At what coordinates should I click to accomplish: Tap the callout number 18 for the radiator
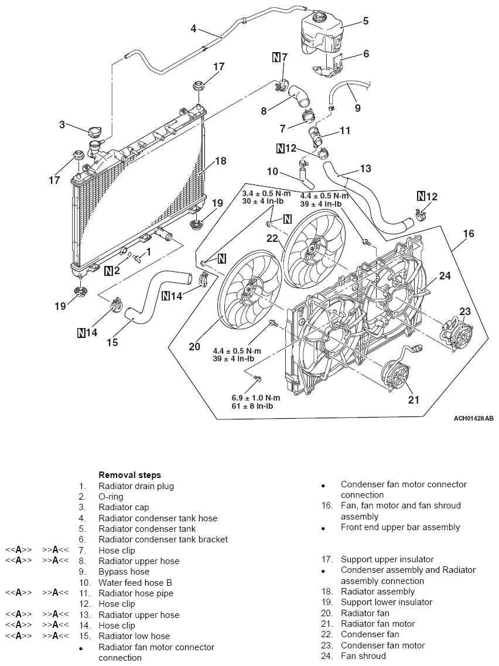point(220,161)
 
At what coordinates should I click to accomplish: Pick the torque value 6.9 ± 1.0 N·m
point(256,398)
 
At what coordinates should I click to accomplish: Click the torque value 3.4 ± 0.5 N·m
point(266,194)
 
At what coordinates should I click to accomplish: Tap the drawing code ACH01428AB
point(473,418)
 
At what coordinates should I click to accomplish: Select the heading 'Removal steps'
point(130,475)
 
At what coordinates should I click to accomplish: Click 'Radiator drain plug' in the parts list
point(136,486)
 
